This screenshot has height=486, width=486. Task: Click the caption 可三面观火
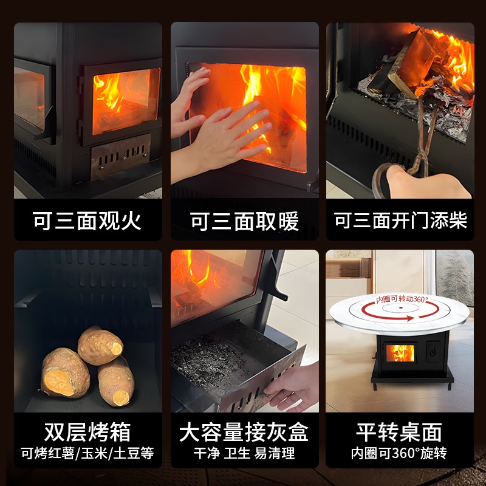pos(88,221)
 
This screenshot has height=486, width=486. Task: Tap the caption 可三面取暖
pos(244,221)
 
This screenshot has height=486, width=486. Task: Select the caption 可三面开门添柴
pos(400,221)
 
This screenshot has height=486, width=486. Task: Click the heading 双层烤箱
pos(88,432)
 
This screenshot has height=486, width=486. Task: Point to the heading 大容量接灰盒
pos(244,432)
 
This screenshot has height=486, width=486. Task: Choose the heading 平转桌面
pos(400,432)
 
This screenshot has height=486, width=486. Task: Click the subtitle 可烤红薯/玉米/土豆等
pos(88,453)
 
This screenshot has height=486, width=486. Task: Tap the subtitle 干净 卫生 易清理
pos(244,453)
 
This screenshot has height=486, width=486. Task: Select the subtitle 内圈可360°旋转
pos(400,453)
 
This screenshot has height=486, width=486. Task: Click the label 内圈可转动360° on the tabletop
pos(402,299)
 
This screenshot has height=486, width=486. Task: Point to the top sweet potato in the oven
pos(100,344)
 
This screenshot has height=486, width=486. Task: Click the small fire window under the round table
pos(400,353)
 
